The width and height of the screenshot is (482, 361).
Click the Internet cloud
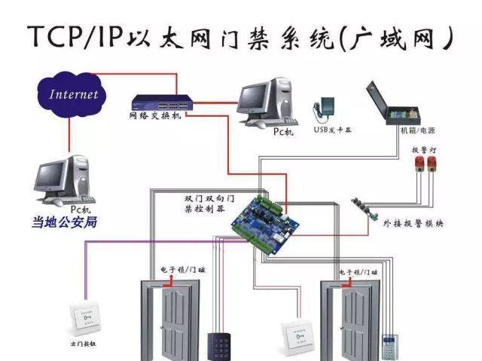[x=74, y=94]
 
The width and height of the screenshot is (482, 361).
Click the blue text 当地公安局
[x=64, y=222]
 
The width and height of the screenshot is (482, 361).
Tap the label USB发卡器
[x=332, y=130]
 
